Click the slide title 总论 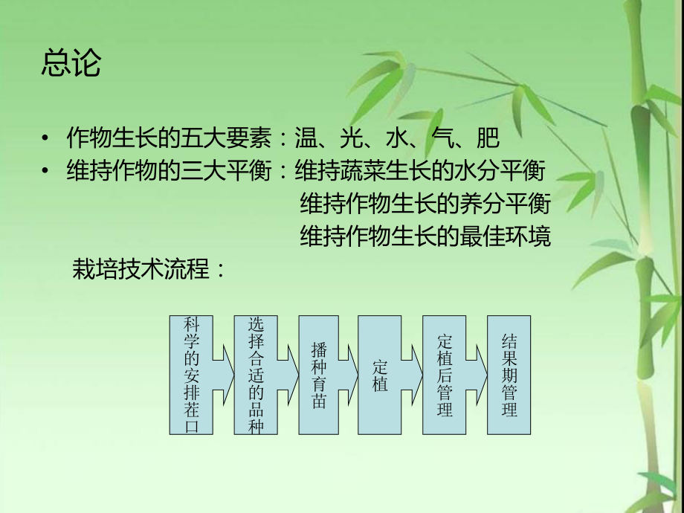[x=71, y=64]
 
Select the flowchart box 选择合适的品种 [x=255, y=375]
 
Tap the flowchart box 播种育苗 [x=320, y=375]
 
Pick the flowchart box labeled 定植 [x=380, y=375]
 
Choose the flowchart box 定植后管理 [x=445, y=375]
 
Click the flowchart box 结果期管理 [x=509, y=375]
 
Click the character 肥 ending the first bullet [x=488, y=139]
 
